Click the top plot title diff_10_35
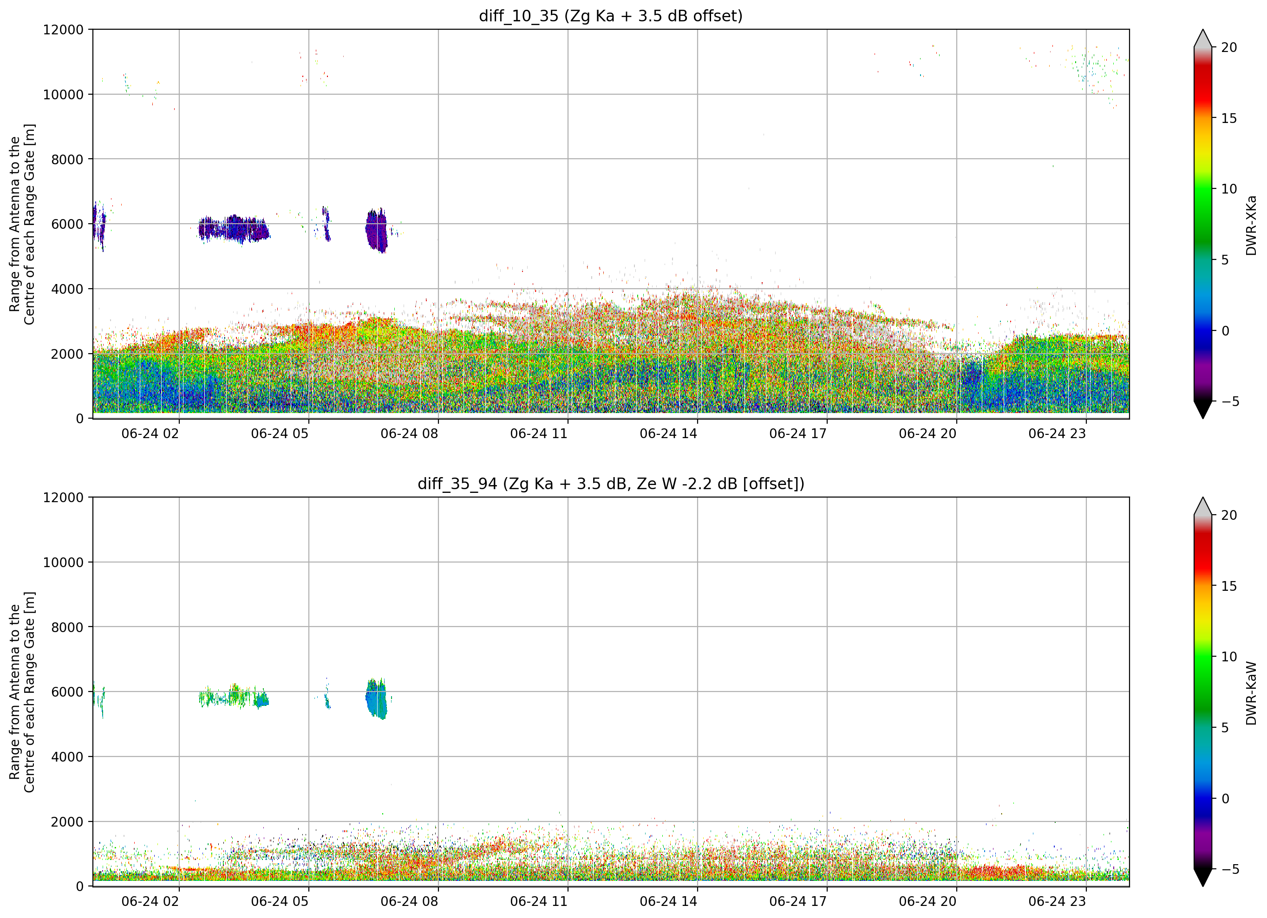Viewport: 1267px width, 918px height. pyautogui.click(x=518, y=16)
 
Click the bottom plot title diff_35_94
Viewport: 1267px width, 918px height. pyautogui.click(x=457, y=484)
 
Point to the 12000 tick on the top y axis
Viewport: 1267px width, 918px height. pyautogui.click(x=63, y=30)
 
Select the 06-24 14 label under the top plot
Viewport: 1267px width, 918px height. pyautogui.click(x=668, y=434)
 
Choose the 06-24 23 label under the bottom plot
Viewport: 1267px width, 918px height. pyautogui.click(x=1057, y=901)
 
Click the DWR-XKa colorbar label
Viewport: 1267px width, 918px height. pyautogui.click(x=1251, y=225)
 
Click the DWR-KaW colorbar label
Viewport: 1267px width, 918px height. pyautogui.click(x=1251, y=692)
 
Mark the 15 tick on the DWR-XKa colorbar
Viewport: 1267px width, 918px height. pyautogui.click(x=1228, y=118)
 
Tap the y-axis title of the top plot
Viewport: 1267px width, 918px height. pyautogui.click(x=22, y=224)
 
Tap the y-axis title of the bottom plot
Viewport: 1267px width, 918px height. pyautogui.click(x=22, y=692)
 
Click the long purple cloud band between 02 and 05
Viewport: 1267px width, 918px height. pyautogui.click(x=234, y=229)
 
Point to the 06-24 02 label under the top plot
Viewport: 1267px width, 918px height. pyautogui.click(x=150, y=434)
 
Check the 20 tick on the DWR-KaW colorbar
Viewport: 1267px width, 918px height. pyautogui.click(x=1228, y=516)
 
